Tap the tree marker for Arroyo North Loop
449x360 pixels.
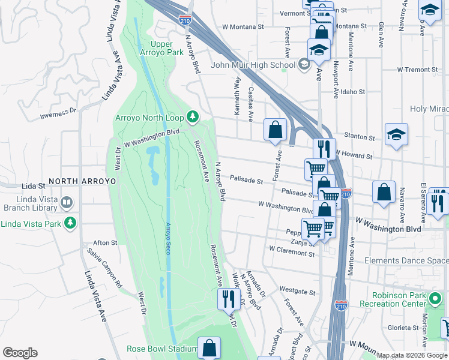tap(192, 116)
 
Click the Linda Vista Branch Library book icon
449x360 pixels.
tap(67, 204)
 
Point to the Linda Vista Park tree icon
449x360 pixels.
tap(71, 224)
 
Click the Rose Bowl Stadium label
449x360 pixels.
tap(161, 349)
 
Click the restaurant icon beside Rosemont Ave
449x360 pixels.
tap(228, 297)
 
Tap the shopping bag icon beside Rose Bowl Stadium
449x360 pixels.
tap(209, 347)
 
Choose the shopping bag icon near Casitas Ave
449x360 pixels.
tap(275, 129)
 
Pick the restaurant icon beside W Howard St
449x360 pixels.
tap(324, 147)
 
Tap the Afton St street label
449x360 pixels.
tap(105, 242)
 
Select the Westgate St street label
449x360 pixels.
tap(301, 292)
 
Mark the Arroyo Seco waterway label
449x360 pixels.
tap(168, 238)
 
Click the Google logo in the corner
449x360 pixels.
tap(20, 353)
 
